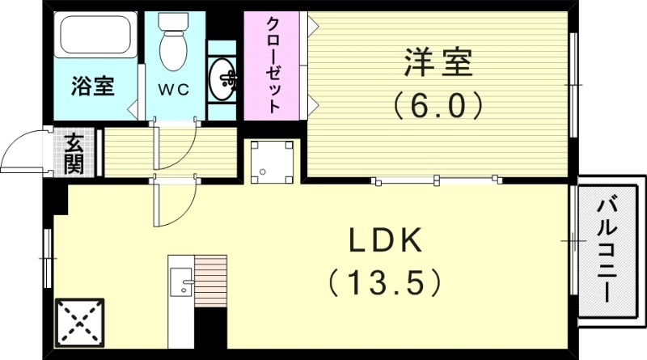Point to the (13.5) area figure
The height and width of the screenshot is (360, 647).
click(x=385, y=282)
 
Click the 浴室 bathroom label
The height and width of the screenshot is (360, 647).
click(x=91, y=87)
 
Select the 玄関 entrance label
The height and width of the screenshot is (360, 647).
click(x=74, y=154)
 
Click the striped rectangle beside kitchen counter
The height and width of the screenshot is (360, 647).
click(x=212, y=280)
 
